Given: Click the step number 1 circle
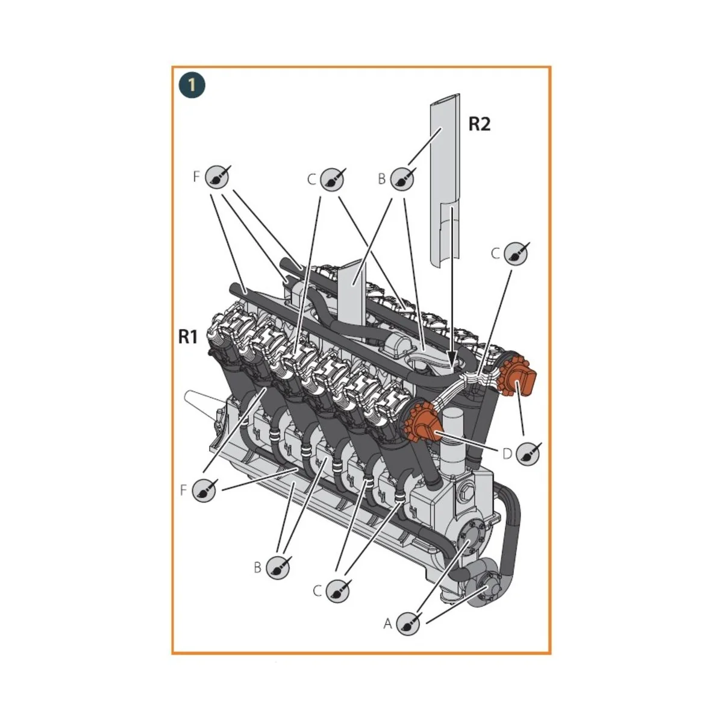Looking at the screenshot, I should pos(192,85).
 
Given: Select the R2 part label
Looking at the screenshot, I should pos(480,124).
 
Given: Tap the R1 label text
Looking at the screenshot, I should pos(189,337).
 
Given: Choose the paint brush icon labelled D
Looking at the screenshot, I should pos(528,452).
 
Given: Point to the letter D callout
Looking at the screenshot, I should pos(507,453).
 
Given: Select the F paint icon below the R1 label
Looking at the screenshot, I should pos(205,490).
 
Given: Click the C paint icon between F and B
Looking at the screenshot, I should pos(331,178).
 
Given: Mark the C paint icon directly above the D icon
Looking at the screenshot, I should pos(516,254).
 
